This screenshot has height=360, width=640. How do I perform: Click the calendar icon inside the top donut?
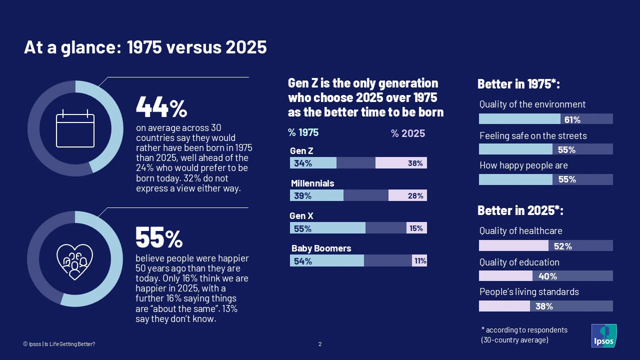pos(75,128)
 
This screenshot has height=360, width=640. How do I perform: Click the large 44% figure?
pos(161,107)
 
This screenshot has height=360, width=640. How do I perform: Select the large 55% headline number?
pos(159,238)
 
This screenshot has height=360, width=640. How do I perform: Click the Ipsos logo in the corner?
pos(604,336)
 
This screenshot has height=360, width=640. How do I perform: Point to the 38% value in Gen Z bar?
pos(415,163)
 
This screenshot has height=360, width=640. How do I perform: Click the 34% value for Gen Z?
pos(303,163)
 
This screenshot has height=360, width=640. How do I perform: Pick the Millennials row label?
pos(312,183)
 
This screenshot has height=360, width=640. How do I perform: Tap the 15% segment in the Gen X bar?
pos(416,228)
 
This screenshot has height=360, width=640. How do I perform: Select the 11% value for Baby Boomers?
pos(419,260)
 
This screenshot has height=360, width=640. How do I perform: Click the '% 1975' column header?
pos(303,133)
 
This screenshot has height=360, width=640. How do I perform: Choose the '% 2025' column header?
pos(408,133)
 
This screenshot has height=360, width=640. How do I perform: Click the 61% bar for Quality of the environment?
pos(520,119)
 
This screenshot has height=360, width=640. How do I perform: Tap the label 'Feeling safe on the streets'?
pos(533,136)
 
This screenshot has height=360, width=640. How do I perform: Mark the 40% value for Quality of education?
pos(547,276)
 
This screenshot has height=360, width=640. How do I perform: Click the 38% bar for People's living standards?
pos(505,306)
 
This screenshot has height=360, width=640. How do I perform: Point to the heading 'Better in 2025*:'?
pos(520,211)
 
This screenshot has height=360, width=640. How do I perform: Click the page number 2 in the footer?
pos(320,344)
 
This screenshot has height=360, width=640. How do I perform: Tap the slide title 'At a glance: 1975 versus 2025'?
pos(145,47)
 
